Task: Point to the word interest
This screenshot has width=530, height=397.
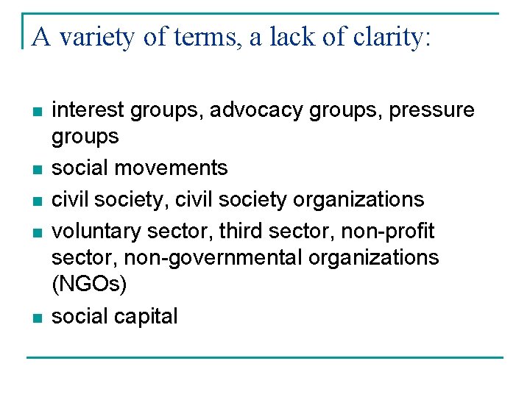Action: point(91,110)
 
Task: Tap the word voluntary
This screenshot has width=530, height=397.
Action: point(97,232)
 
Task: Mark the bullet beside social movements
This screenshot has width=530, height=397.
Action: point(38,169)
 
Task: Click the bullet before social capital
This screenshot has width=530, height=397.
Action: point(38,318)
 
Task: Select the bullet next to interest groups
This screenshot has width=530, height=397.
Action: point(38,112)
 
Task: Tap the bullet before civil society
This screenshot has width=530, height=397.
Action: point(38,201)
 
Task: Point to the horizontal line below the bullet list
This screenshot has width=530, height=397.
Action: point(265,358)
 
